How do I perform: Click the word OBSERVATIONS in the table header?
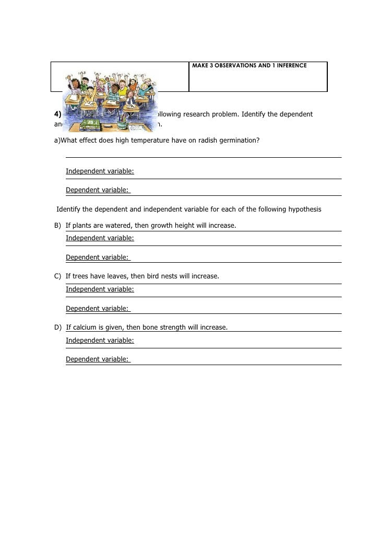(x=234, y=66)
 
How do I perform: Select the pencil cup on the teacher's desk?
(x=122, y=122)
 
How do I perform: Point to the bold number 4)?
(x=57, y=114)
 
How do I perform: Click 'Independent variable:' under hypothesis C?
(x=100, y=289)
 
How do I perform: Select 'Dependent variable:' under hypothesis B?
(x=98, y=258)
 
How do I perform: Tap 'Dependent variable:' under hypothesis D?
(x=98, y=359)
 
